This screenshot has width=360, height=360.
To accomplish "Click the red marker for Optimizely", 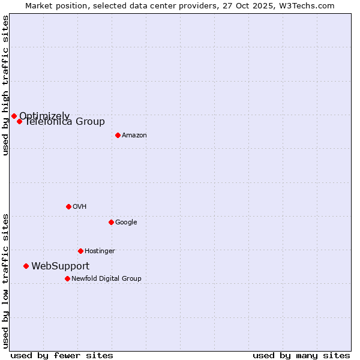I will coord(14,116).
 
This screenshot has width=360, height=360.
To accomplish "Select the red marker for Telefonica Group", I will coord(20,121).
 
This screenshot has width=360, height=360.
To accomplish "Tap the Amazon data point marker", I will coord(118,135).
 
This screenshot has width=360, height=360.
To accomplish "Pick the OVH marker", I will coord(68,206).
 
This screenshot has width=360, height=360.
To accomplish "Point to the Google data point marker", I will coord(111,222).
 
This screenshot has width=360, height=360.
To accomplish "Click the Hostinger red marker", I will coord(80,251).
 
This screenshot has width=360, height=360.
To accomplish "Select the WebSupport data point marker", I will coord(26,266).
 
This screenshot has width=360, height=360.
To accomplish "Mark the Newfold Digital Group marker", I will coord(67,278).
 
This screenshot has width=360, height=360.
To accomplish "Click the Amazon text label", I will coord(134,136).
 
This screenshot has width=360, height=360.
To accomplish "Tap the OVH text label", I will coord(80,207).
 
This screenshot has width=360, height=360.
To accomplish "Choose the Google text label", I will coord(126,223).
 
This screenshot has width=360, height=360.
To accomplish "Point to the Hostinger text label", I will coord(100,251).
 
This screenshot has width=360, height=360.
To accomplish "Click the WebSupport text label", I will coord(61,266).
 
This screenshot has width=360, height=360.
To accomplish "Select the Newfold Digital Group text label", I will coord(106,279).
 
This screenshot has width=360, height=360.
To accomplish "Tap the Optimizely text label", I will coord(44,116).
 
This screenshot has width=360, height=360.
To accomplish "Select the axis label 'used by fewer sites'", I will coord(62,355).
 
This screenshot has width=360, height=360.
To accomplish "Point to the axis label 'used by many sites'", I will coord(301,355).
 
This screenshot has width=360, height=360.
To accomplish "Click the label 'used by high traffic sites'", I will coord(5,85).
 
